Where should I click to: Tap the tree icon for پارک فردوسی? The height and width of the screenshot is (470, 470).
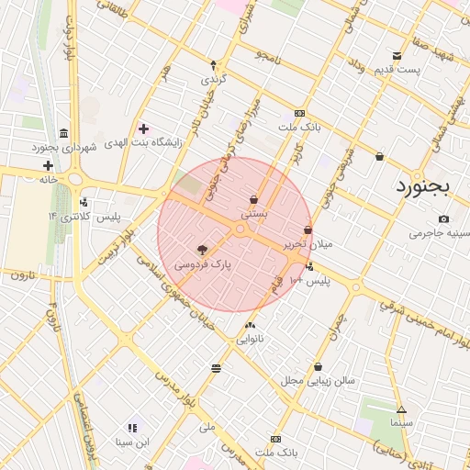tap(202, 249)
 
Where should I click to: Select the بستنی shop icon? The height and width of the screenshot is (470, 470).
tap(253, 199)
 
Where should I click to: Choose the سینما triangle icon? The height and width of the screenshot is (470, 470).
tap(401, 409)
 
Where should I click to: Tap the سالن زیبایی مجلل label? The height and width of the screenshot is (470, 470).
tap(318, 380)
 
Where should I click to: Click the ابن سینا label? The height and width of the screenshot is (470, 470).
tap(130, 442)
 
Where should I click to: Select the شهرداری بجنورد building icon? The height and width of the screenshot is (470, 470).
tap(62, 133)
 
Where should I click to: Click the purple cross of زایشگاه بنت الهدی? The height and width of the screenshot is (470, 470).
tap(143, 128)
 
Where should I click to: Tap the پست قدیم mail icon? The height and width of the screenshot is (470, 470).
tap(397, 56)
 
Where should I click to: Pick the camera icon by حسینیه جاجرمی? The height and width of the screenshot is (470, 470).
tap(444, 218)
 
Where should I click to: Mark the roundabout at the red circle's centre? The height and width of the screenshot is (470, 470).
tap(241, 231)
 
